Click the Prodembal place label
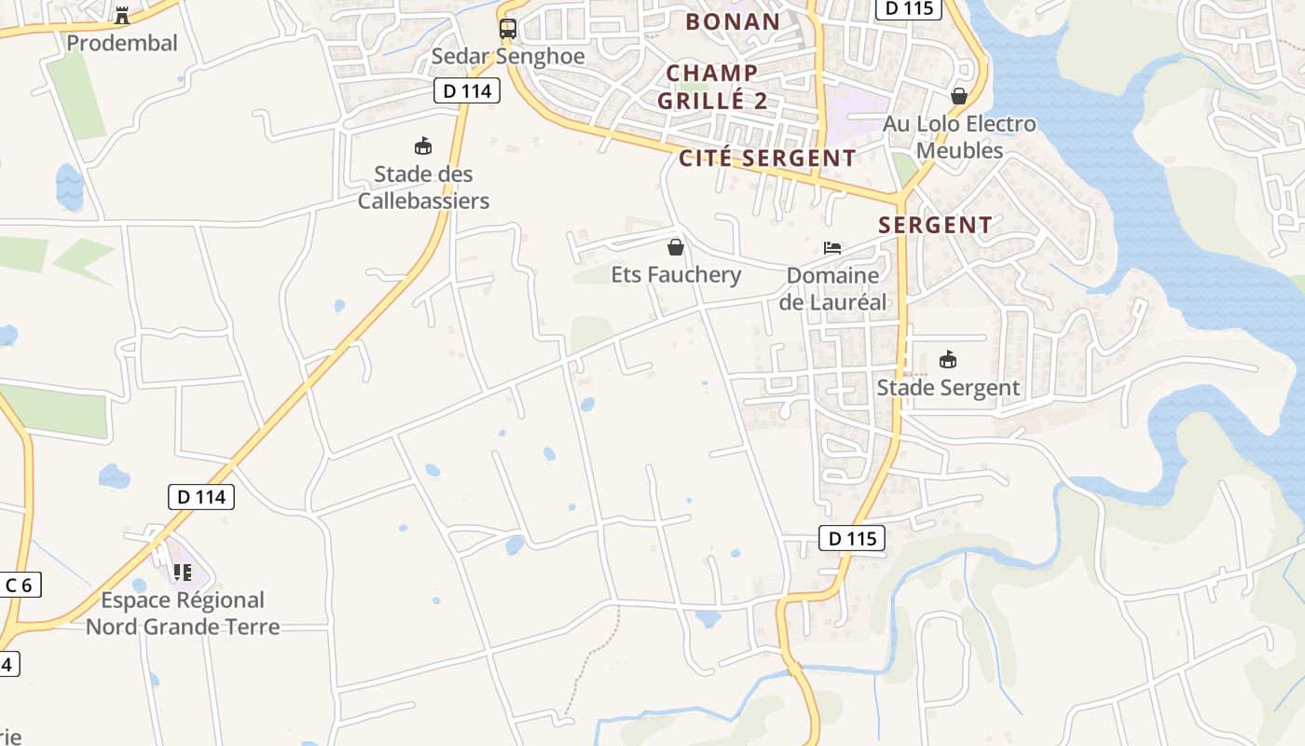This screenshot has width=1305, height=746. [122, 43]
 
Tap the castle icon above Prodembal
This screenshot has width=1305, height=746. [121, 15]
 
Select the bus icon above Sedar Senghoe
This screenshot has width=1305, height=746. [507, 29]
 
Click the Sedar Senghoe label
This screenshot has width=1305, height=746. [508, 56]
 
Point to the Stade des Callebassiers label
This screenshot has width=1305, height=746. [423, 187]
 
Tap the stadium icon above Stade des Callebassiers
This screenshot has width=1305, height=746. [423, 146]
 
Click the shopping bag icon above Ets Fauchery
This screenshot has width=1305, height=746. [676, 247]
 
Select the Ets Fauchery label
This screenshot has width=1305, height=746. [676, 274]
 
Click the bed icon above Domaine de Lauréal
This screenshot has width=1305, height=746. [832, 248]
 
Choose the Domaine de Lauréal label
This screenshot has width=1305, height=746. [832, 288]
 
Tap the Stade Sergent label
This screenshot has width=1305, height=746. [948, 387]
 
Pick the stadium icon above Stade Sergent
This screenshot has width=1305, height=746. [948, 360]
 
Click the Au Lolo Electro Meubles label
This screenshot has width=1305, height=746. [959, 137]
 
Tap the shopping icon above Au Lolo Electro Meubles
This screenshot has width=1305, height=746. [959, 96]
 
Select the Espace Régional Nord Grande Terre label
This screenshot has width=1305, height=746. [183, 613]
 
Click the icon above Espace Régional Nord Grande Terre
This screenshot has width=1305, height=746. [183, 573]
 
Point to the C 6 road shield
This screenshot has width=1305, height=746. [19, 585]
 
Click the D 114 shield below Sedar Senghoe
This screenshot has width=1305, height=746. [467, 90]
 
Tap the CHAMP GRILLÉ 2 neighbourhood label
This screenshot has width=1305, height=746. [712, 87]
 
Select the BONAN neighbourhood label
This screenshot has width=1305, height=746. [733, 21]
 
